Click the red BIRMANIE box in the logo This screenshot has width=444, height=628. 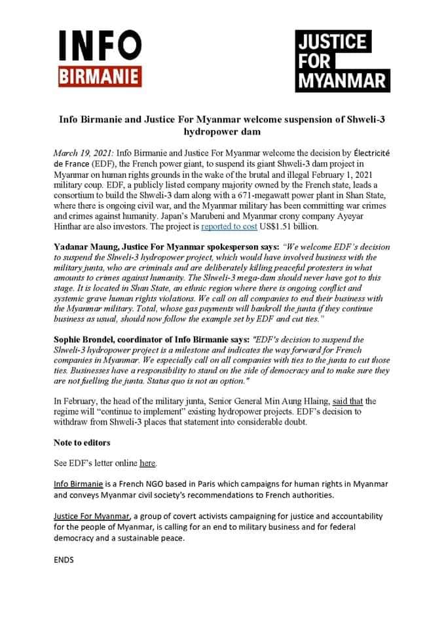100,77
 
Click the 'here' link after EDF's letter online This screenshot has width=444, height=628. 147,463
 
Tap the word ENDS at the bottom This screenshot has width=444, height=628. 64,560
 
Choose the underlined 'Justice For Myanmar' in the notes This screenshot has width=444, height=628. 93,516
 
